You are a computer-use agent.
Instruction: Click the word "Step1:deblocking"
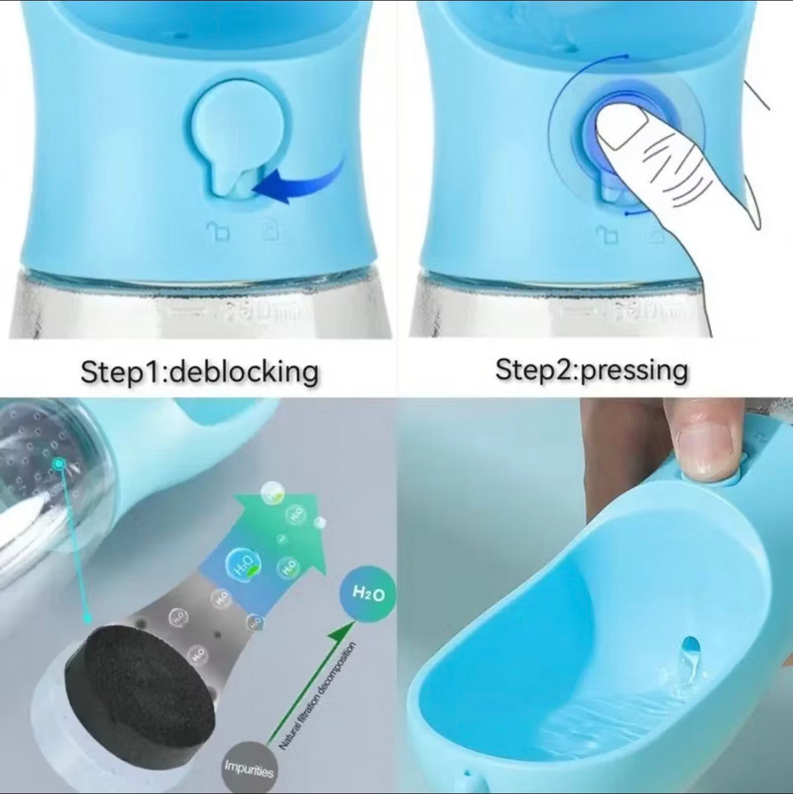point(200,372)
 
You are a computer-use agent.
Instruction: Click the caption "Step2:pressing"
point(591,371)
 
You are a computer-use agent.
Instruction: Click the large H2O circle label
point(368,594)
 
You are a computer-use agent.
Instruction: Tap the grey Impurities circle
point(248,768)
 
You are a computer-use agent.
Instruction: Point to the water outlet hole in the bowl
point(691,651)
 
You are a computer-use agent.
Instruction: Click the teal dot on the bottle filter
point(59,463)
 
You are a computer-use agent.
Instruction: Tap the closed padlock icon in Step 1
point(270,232)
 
